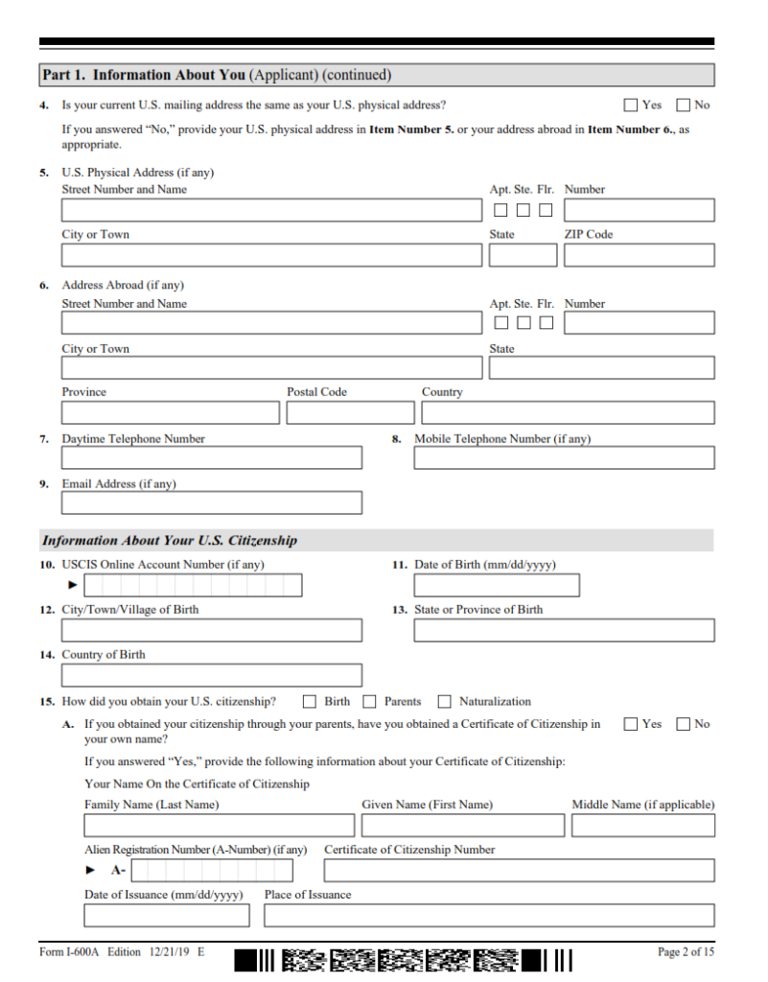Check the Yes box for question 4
coord(631,105)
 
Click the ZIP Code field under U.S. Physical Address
coord(639,255)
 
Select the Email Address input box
coord(212,503)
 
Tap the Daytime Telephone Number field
coord(212,457)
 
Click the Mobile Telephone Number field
coord(564,457)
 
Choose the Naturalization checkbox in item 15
coord(445,702)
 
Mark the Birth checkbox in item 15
coord(311,702)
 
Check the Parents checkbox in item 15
coord(369,702)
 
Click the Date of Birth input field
coord(497,585)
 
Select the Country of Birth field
coord(212,675)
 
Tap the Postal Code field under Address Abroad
coord(350,412)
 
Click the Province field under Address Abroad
coord(171,412)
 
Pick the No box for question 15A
coord(684,724)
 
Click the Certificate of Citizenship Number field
coord(519,870)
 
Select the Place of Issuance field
coord(489,915)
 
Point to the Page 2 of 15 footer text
coord(686,952)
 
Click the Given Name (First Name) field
coord(463,825)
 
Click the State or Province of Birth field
coord(564,630)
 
